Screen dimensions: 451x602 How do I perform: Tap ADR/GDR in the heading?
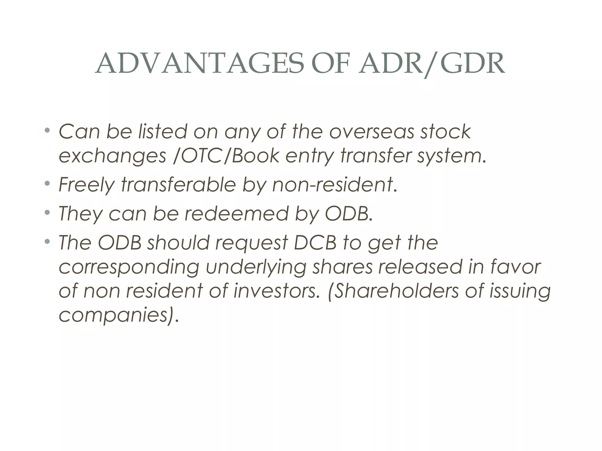[432, 64]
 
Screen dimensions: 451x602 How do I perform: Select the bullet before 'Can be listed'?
[47, 130]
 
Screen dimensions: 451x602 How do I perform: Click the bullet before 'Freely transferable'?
[47, 184]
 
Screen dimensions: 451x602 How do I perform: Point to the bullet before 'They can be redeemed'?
[47, 212]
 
